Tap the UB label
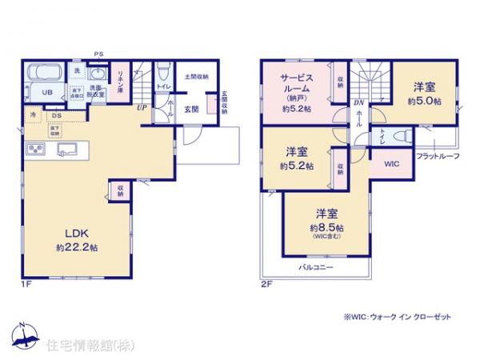[x=46, y=94]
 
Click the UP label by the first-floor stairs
[x=141, y=106]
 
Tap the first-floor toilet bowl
[x=162, y=69]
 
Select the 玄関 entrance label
[x=191, y=109]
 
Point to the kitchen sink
[x=66, y=148]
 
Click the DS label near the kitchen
[x=56, y=115]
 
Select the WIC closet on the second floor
[x=392, y=164]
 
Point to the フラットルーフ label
[x=438, y=156]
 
